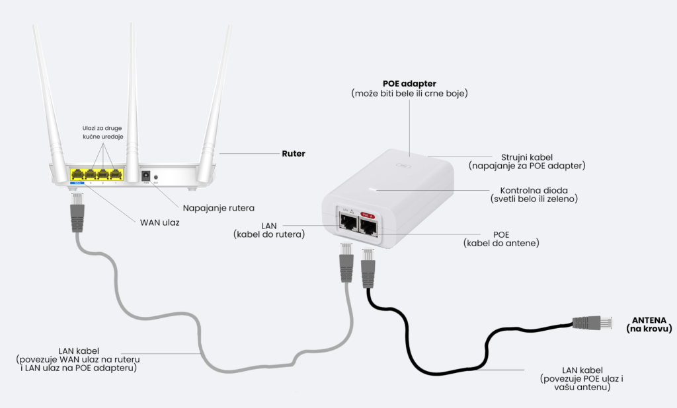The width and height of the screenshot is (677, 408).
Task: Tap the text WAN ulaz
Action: [159, 222]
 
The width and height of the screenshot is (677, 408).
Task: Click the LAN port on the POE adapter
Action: [346, 223]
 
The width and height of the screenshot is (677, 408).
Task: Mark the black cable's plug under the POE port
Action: [368, 267]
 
